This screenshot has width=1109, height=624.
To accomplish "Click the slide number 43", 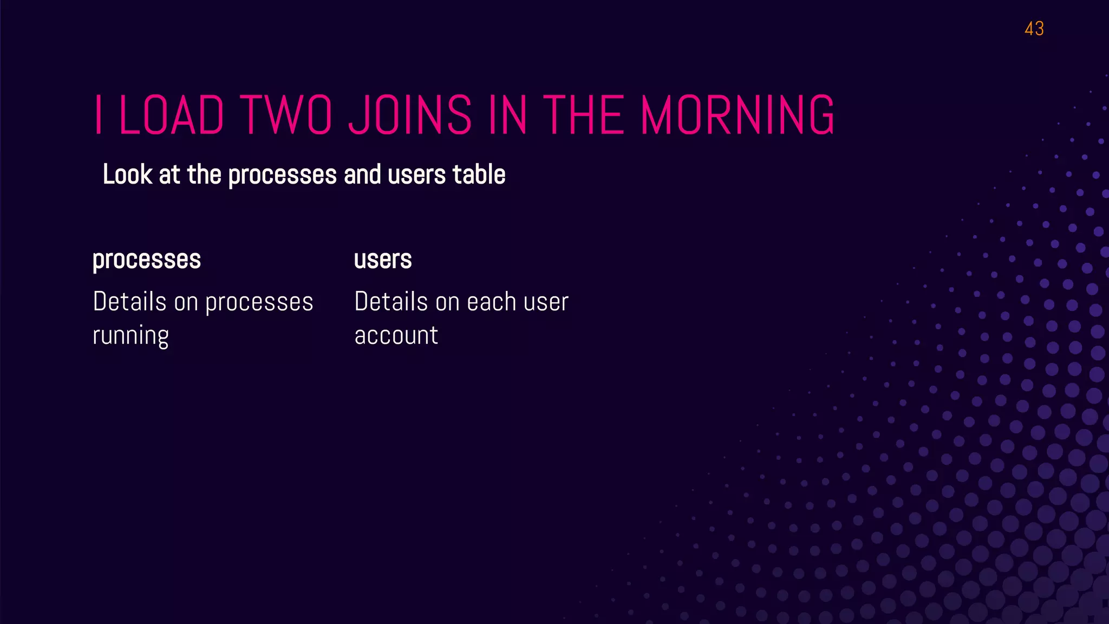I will (x=1034, y=29).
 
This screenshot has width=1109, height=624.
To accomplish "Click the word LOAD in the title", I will (x=171, y=115).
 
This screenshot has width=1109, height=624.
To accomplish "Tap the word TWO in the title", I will (x=285, y=115).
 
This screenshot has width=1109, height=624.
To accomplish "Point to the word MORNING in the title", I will (x=738, y=115).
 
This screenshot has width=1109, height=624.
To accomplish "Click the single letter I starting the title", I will (x=98, y=115).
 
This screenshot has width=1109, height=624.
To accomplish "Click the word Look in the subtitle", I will (x=127, y=174).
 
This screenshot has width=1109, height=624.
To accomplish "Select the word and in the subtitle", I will (x=362, y=174).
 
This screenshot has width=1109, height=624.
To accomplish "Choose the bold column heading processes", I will (x=147, y=259).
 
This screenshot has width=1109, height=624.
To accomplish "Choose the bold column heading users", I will (x=383, y=259).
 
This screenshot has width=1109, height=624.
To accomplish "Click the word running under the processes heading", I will (x=131, y=336).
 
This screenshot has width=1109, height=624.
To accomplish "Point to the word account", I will (x=396, y=335).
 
